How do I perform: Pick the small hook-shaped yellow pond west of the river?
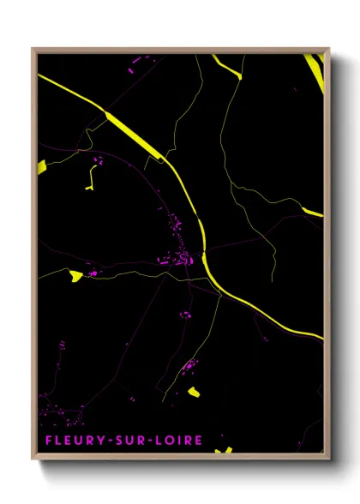[x=90, y=177]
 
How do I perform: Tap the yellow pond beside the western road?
[x=76, y=275]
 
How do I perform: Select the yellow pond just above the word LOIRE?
[x=194, y=393]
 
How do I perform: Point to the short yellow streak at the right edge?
[x=314, y=212]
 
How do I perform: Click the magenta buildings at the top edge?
[x=137, y=58]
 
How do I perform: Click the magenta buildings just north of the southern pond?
[x=188, y=368]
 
